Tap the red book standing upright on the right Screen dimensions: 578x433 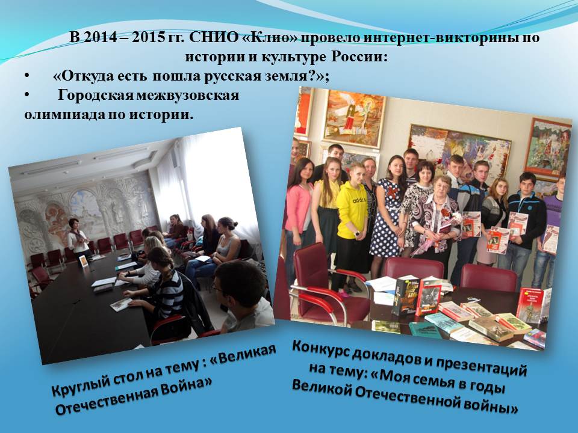click(533, 306)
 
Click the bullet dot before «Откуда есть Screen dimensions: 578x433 click(26, 76)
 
